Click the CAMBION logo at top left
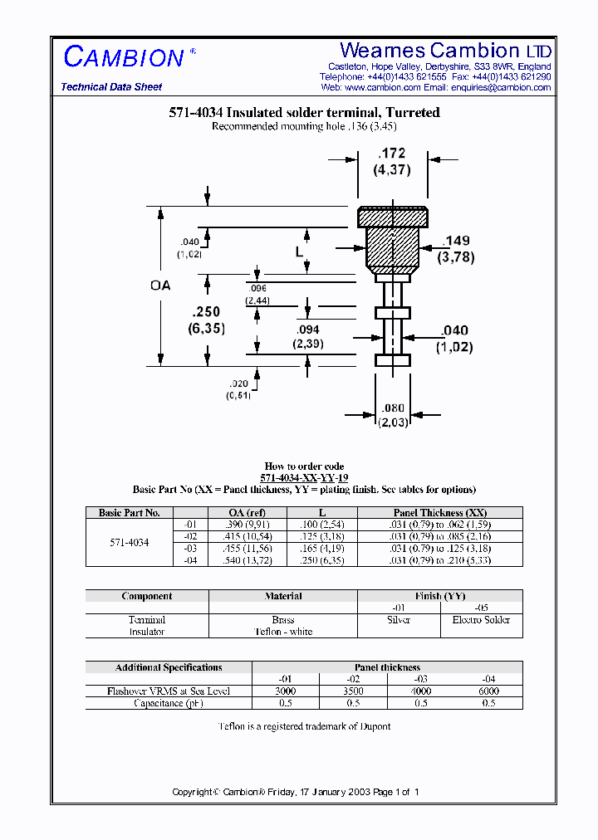click(124, 57)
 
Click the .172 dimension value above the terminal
click(392, 154)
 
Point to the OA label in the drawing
click(160, 285)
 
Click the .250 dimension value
click(205, 312)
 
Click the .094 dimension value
click(308, 330)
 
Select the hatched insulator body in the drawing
click(392, 246)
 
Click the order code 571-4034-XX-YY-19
click(304, 478)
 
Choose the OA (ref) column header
click(247, 513)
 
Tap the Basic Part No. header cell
click(129, 513)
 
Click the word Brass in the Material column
click(283, 620)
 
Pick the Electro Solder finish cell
click(482, 620)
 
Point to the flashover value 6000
click(489, 691)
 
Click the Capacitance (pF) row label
click(169, 703)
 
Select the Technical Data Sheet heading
click(111, 87)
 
